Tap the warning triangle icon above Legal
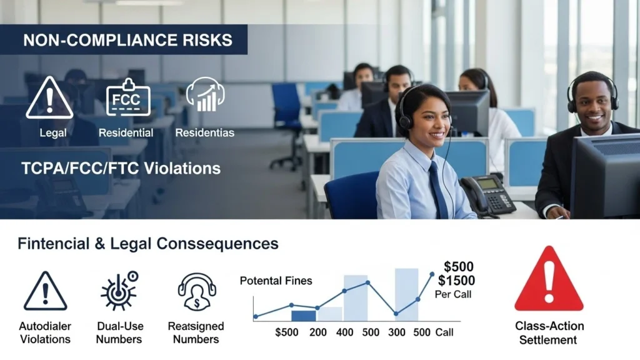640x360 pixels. (x=49, y=98)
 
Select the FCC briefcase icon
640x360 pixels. (x=128, y=97)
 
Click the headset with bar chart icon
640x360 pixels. (x=205, y=95)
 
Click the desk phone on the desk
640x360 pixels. (x=487, y=194)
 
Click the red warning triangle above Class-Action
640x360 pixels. (x=549, y=280)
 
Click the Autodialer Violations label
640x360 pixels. (x=45, y=332)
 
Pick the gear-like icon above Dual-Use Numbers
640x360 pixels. (x=119, y=291)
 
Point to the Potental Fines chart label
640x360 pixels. (x=276, y=281)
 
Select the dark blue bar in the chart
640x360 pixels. (x=304, y=315)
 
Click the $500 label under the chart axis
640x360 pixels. (x=287, y=332)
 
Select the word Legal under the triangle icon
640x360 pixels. (x=52, y=132)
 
